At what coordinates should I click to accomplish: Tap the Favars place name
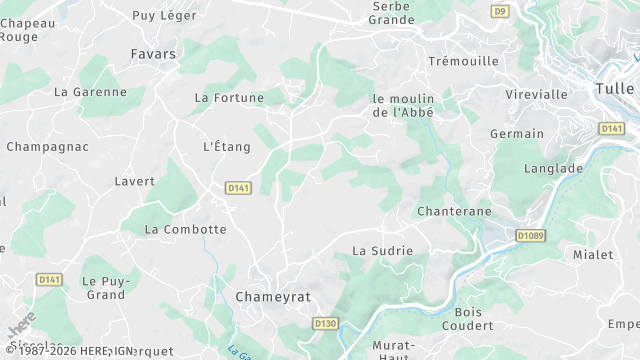point(153,53)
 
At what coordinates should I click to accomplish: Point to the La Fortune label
point(229,98)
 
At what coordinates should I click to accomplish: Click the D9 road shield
point(500,11)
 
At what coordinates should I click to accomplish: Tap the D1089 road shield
point(531,235)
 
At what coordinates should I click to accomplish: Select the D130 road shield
point(325,324)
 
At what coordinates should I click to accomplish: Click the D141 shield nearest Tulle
point(612,129)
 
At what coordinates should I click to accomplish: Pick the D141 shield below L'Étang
point(238,187)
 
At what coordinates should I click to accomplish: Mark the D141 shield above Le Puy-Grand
point(49,280)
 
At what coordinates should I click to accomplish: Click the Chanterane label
point(453,212)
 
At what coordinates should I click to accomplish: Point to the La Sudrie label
point(383,250)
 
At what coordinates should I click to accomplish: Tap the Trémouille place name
point(463,61)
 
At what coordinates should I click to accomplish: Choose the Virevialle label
point(537,95)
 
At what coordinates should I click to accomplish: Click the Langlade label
point(552,169)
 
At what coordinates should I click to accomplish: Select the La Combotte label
point(186,229)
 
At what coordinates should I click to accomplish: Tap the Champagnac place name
point(47,147)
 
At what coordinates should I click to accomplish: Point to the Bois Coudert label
point(461,318)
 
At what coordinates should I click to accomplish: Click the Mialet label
point(593,255)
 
